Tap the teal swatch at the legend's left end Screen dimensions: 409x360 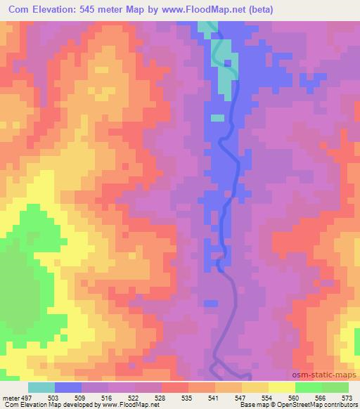pyautogui.click(x=41, y=387)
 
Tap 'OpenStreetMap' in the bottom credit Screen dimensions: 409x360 pyautogui.click(x=301, y=405)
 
